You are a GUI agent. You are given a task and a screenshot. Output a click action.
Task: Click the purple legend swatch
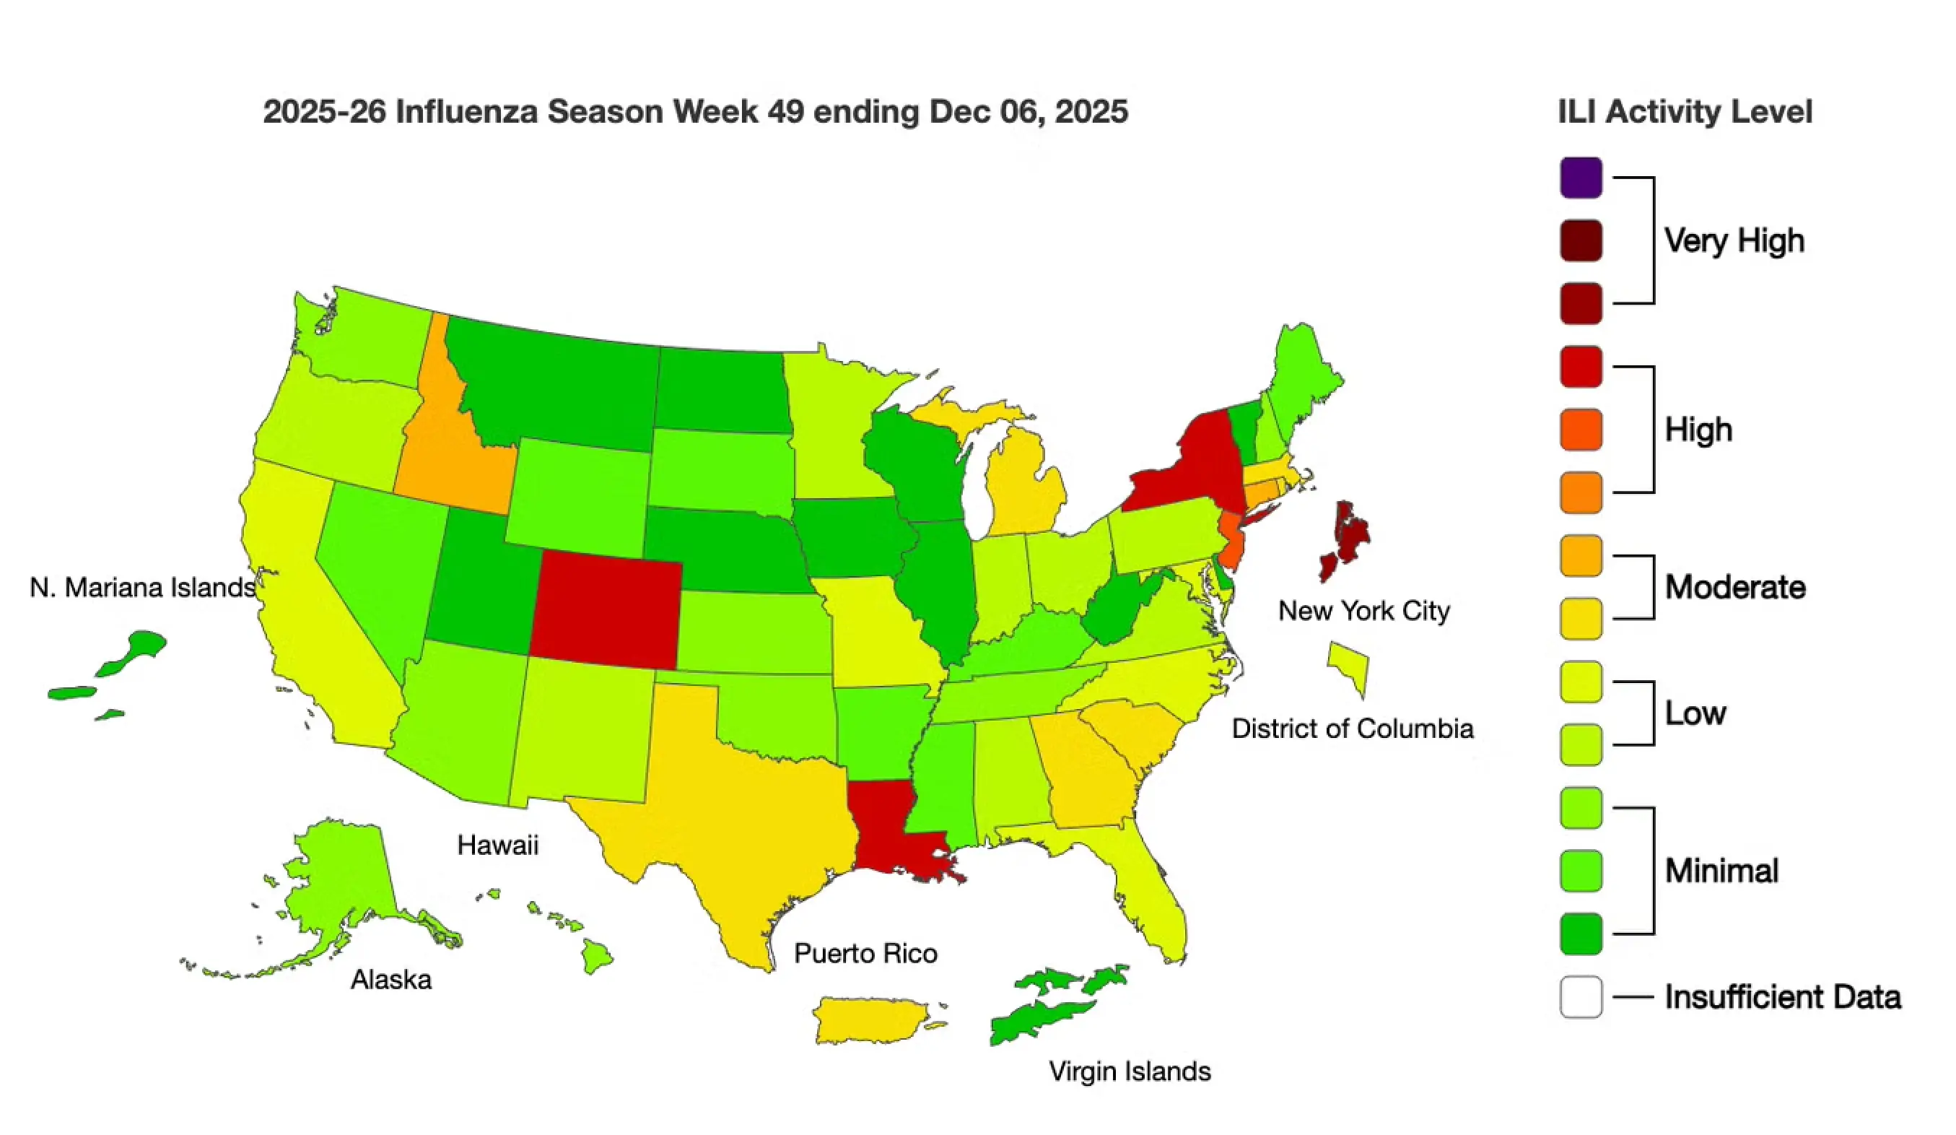click(1581, 178)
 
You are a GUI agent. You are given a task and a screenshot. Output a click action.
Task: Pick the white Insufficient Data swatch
click(1581, 996)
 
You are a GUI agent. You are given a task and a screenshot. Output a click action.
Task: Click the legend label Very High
click(1733, 240)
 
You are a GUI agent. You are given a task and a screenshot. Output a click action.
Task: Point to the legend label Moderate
click(1735, 587)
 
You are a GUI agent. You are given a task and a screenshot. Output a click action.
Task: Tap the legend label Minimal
click(1721, 870)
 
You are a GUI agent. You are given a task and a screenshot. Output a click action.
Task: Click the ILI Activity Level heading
click(1685, 112)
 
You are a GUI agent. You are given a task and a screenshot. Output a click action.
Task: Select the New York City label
click(1363, 610)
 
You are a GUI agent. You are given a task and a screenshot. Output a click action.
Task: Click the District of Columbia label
click(1352, 729)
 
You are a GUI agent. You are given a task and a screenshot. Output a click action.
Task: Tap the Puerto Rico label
click(865, 952)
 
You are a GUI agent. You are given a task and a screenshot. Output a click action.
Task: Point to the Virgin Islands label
click(1130, 1071)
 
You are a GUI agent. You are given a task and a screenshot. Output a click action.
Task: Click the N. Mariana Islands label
click(142, 588)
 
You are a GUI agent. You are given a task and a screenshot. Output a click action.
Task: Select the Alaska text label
click(390, 979)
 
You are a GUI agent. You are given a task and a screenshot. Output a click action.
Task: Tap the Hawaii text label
click(497, 845)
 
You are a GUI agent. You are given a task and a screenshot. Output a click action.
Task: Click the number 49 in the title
click(785, 112)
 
